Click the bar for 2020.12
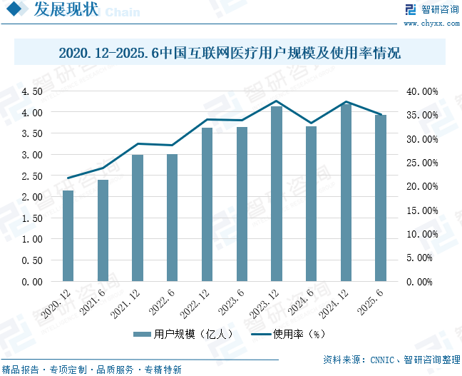coord(68,235)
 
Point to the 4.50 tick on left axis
coord(32,91)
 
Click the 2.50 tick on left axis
coord(32,176)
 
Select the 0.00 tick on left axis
coord(32,282)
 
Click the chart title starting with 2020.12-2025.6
coord(230,54)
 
